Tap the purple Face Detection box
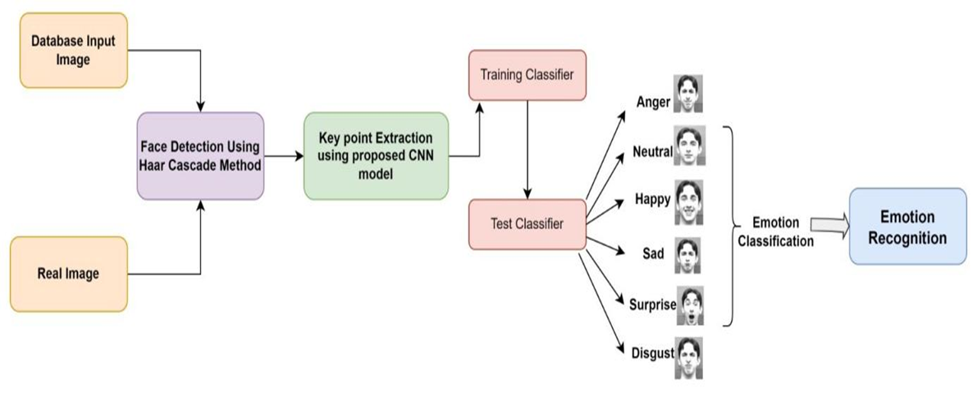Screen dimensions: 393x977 (x=200, y=156)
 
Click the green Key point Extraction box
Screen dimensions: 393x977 (x=375, y=156)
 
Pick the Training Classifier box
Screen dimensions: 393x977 (x=527, y=75)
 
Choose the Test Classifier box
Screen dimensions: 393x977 (x=527, y=224)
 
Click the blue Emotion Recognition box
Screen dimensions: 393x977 (x=907, y=226)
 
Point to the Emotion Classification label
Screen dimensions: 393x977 (x=775, y=232)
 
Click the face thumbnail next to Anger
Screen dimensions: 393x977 (x=687, y=94)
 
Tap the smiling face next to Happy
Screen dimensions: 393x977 (x=688, y=200)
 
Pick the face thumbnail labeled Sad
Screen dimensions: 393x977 (x=687, y=255)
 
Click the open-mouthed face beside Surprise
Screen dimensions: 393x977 (x=690, y=307)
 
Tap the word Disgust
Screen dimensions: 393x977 (x=652, y=352)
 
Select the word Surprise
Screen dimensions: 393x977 (x=652, y=304)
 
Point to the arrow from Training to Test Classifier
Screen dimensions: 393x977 (x=526, y=149)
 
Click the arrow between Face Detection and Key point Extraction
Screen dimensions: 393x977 (x=283, y=156)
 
